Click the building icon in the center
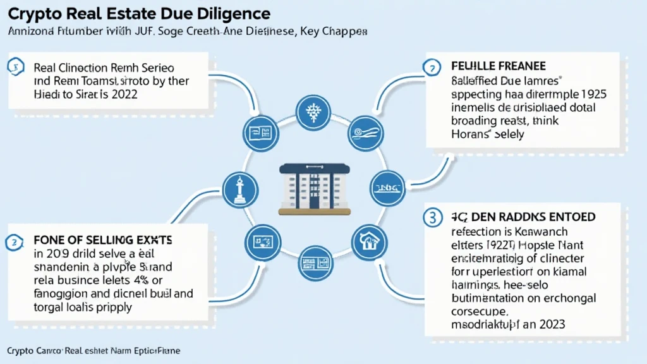pyautogui.click(x=314, y=188)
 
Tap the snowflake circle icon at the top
pyautogui.click(x=314, y=113)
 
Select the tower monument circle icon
pyautogui.click(x=241, y=189)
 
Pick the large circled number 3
pyautogui.click(x=432, y=217)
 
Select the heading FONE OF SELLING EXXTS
pyautogui.click(x=103, y=241)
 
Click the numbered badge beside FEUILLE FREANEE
pyautogui.click(x=432, y=67)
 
